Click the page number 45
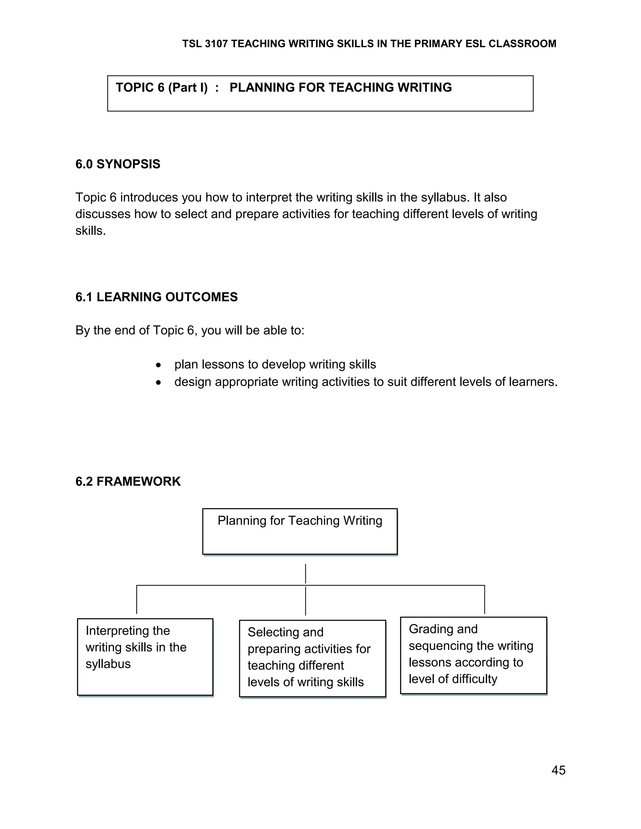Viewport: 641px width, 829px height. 558,770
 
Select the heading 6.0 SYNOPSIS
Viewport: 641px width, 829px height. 118,164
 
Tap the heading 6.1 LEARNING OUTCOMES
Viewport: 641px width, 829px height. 156,297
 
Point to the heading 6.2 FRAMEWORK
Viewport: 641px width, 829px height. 128,481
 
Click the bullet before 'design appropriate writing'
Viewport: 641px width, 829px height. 159,383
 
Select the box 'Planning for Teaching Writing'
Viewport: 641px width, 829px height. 300,531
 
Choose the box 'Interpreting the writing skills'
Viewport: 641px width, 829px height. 145,657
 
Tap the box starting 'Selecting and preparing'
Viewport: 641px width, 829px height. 312,659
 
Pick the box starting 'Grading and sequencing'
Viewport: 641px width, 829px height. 473,655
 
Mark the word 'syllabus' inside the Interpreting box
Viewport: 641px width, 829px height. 108,664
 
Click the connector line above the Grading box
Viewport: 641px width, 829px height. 485,599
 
